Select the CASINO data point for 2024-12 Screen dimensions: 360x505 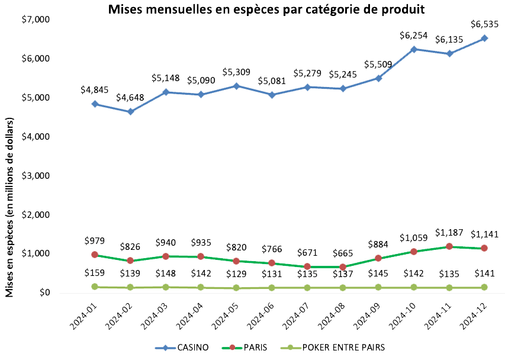pos(484,38)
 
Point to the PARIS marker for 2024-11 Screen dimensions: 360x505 pos(449,246)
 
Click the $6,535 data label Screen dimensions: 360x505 pos(484,24)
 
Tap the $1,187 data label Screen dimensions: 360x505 pos(449,232)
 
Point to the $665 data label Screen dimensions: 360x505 pos(343,253)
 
